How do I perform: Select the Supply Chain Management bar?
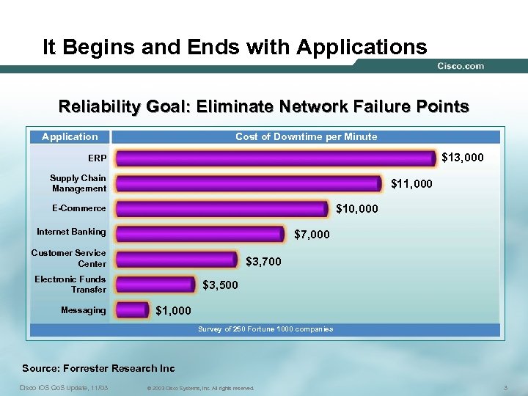coord(249,183)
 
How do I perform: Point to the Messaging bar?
coord(133,310)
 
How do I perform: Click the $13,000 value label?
coord(463,158)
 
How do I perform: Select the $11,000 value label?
coord(411,183)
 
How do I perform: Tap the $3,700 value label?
coord(263,261)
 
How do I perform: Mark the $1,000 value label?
coord(174,311)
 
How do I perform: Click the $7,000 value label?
coord(312,235)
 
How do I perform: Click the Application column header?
coord(70,136)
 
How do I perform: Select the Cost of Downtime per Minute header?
coord(306,136)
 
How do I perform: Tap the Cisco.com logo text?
coord(461,66)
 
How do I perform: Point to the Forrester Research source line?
coord(98,368)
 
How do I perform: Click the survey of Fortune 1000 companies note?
coord(265,329)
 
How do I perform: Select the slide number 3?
coord(506,386)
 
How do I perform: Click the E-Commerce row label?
coord(78,208)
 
